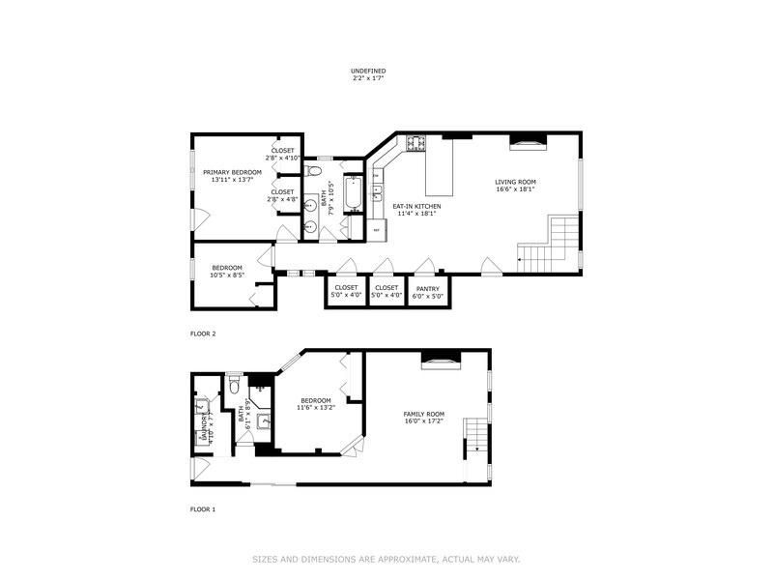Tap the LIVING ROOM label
pos(515,182)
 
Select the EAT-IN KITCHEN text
pos(416,206)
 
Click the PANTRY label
pos(429,288)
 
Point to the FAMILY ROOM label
pos(423,414)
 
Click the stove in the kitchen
pos(416,144)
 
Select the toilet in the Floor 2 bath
pos(312,171)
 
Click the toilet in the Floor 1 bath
pos(234,388)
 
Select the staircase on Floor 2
pos(549,242)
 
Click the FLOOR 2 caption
pos(203,333)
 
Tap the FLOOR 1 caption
pos(203,508)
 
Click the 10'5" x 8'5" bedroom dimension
pos(228,275)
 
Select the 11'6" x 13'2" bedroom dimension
pos(315,408)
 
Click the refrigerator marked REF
pos(377,230)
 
